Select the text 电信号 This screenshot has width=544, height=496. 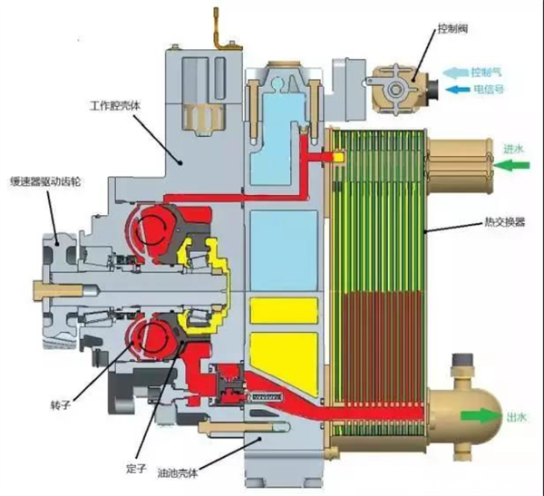click(x=487, y=89)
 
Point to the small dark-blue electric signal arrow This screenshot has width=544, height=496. click(x=456, y=89)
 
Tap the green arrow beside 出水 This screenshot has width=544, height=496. click(x=481, y=416)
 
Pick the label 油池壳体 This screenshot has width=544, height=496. click(x=205, y=472)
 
